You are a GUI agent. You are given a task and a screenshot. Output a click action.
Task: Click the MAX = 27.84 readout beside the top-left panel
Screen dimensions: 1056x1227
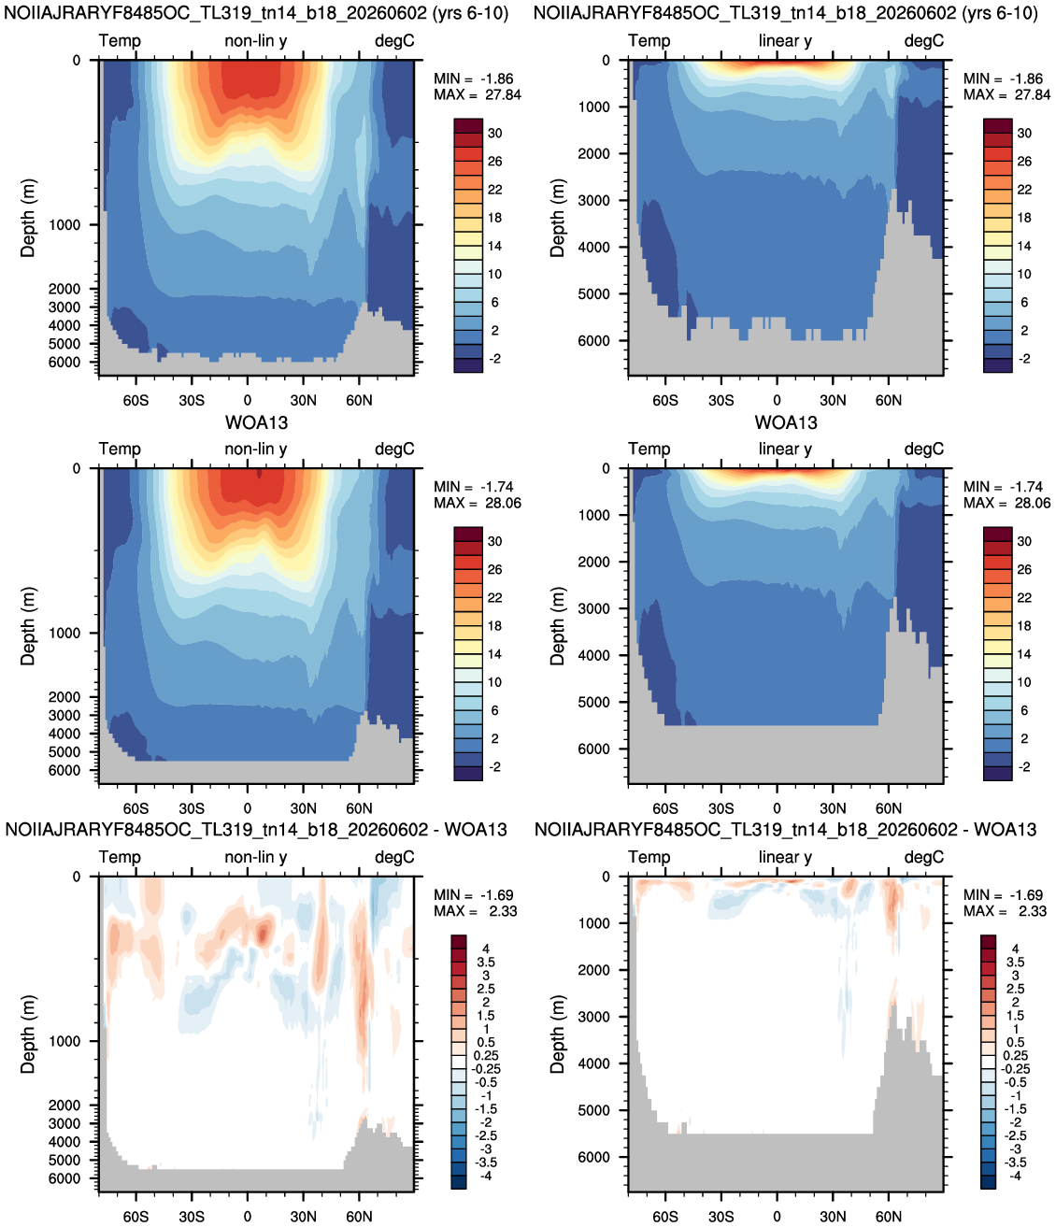[x=478, y=95]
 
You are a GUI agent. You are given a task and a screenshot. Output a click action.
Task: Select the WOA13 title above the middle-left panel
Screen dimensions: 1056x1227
[x=256, y=422]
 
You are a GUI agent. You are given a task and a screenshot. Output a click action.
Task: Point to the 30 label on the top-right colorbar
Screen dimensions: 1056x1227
[x=1024, y=133]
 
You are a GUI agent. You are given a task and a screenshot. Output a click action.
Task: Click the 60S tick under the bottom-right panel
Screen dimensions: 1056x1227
[x=664, y=1217]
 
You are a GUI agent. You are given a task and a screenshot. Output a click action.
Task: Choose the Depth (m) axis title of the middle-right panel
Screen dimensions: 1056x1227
[x=557, y=626]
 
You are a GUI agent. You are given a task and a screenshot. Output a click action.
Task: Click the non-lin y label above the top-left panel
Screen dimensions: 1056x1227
[x=256, y=41]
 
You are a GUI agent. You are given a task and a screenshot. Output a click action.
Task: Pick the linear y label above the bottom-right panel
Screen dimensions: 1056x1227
[x=785, y=857]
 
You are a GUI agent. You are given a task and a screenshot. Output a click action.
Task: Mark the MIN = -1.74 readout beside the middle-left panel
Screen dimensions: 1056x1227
[x=474, y=487]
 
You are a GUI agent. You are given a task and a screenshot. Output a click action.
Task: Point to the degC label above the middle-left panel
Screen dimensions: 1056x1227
[x=394, y=449]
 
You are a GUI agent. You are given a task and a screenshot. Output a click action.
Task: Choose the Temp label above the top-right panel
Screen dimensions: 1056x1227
[x=649, y=41]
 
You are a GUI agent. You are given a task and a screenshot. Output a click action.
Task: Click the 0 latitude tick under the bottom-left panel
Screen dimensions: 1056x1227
[x=248, y=1217]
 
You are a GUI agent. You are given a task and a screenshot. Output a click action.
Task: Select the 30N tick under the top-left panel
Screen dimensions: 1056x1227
[x=304, y=400]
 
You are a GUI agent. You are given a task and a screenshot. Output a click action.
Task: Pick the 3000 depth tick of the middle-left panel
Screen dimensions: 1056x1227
[x=64, y=715]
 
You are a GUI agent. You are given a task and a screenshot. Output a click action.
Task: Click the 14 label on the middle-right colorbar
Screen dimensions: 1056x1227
[x=1024, y=654]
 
